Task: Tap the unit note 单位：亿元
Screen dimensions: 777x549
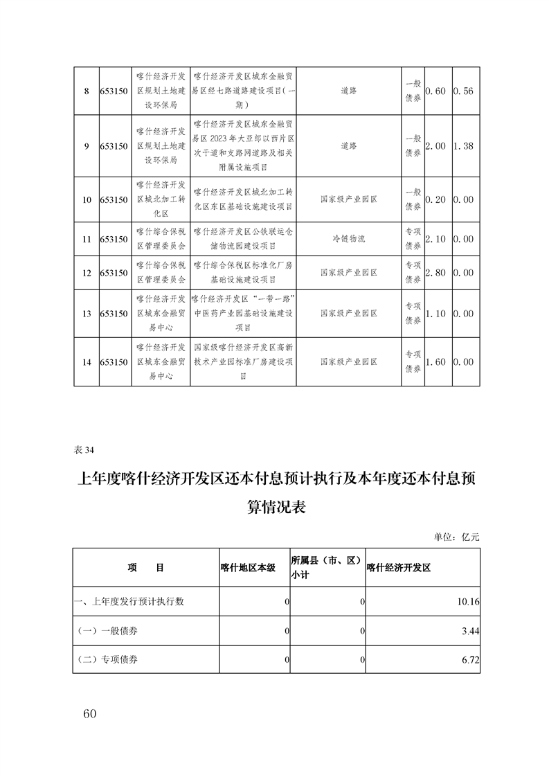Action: click(456, 537)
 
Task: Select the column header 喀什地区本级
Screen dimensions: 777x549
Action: click(248, 567)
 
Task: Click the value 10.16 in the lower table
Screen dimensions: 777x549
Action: click(469, 602)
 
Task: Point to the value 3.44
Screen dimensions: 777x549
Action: click(470, 631)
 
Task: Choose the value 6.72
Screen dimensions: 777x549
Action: click(470, 659)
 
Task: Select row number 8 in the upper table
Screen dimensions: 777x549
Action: click(87, 91)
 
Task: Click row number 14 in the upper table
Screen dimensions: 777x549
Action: click(87, 362)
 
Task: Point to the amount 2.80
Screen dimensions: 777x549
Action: click(438, 273)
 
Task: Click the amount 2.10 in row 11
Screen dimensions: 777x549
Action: click(438, 239)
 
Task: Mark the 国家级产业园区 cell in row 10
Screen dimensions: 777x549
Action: click(349, 199)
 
